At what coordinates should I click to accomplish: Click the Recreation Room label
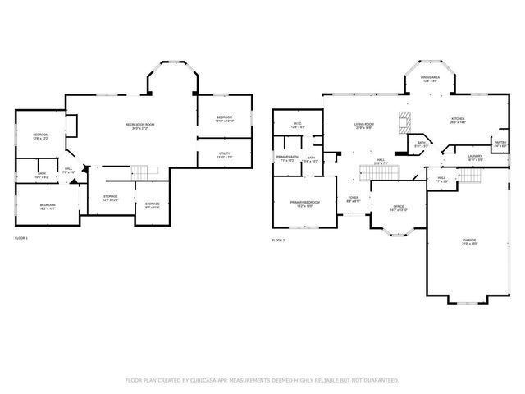140,126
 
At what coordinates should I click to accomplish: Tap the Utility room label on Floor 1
224,154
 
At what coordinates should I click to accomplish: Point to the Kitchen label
458,120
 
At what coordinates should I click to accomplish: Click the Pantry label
500,144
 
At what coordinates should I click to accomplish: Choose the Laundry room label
474,157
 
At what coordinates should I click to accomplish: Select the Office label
399,208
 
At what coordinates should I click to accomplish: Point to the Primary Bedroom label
304,203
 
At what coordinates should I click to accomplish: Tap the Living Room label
364,126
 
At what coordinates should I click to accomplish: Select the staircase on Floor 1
144,172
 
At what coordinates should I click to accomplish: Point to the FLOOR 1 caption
21,239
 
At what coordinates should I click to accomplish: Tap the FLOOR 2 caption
278,241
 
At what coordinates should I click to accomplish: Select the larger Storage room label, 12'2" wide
111,198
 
